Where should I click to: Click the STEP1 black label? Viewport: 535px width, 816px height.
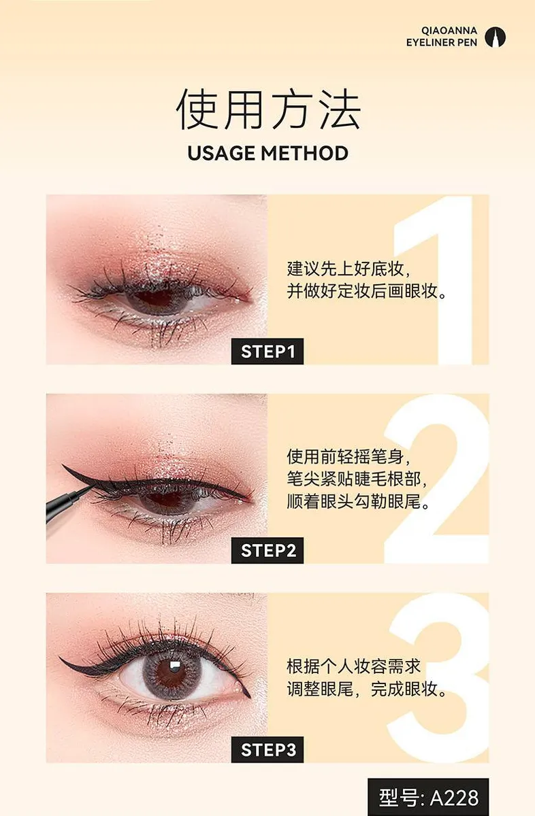(267, 351)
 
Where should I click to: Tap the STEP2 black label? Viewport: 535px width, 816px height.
(267, 550)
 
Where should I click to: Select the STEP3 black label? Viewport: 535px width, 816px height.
(267, 749)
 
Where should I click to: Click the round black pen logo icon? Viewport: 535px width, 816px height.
(495, 37)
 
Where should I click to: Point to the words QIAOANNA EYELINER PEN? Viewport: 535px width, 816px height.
(442, 37)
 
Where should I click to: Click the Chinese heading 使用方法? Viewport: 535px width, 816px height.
(268, 109)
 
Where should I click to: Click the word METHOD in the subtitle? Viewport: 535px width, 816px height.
(306, 153)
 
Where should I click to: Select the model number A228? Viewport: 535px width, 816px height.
(454, 798)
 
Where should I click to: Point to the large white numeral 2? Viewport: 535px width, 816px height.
(436, 479)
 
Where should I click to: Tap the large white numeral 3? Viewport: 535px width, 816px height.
(438, 677)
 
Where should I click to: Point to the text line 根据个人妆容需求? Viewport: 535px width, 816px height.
(354, 666)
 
